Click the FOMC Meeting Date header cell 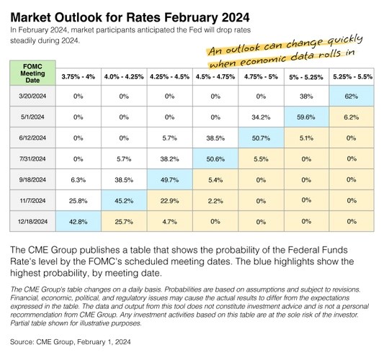tap(32, 73)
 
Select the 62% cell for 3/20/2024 tap(352, 96)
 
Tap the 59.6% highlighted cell tap(306, 117)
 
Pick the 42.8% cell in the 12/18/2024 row tap(78, 222)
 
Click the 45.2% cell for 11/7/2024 tap(124, 201)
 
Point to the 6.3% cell tap(78, 180)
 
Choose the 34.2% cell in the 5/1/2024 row tap(261, 117)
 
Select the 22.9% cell tap(170, 201)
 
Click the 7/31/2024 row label tap(32, 158)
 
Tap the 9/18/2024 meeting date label tap(32, 180)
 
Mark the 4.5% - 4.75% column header tap(215, 77)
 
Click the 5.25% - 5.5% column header tap(352, 77)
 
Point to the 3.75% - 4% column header tap(78, 77)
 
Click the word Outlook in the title tap(78, 17)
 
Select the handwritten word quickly tap(345, 41)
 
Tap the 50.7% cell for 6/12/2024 tap(261, 138)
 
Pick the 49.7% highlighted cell tap(170, 180)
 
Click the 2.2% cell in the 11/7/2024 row tap(215, 201)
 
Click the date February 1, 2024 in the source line tap(104, 342)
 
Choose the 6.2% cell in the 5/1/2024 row tap(352, 117)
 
